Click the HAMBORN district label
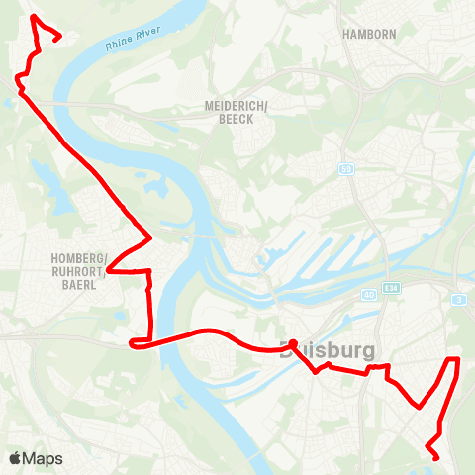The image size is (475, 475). pyautogui.click(x=368, y=33)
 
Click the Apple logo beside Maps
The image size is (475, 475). pyautogui.click(x=15, y=458)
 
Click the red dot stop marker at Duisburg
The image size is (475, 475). pyautogui.click(x=293, y=344)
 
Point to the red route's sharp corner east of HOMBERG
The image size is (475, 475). pyautogui.click(x=149, y=237)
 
